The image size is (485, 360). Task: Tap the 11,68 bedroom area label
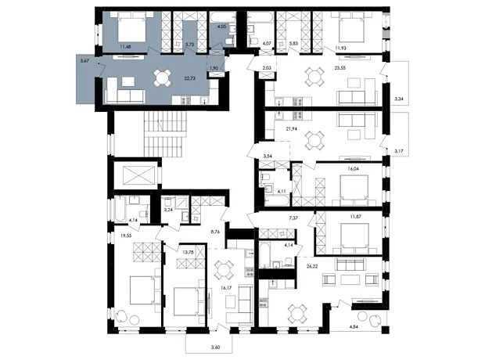click(x=125, y=47)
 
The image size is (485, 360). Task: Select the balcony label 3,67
click(x=84, y=61)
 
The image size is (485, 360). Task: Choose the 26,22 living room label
click(x=311, y=265)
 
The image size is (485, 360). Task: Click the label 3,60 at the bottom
click(x=215, y=347)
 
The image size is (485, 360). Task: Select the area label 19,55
click(x=126, y=236)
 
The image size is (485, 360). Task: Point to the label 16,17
click(x=226, y=287)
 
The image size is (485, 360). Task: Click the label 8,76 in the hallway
click(x=215, y=231)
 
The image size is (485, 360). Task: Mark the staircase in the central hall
click(x=166, y=134)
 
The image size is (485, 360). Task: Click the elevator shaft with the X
click(x=138, y=175)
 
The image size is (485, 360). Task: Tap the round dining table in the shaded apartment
click(x=163, y=78)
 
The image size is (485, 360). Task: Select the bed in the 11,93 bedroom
click(x=351, y=30)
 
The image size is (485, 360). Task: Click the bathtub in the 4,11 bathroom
click(x=277, y=200)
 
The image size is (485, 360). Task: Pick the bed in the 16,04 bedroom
click(x=354, y=188)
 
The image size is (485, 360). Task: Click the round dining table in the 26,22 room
click(x=297, y=314)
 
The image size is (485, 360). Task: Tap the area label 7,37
click(x=293, y=218)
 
